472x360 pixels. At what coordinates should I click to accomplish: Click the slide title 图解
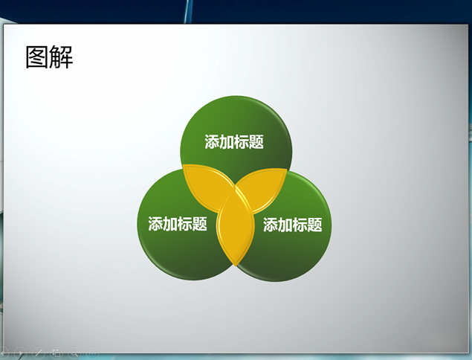tap(49, 57)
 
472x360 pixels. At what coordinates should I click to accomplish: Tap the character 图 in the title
tap(37, 57)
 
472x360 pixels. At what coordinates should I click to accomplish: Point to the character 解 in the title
tap(62, 57)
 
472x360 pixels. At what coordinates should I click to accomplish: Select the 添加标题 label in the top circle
tap(234, 141)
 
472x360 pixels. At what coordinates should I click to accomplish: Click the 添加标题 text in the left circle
tap(178, 224)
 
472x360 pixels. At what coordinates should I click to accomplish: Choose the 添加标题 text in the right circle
tap(293, 225)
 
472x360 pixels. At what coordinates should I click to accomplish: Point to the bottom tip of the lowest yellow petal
tap(236, 266)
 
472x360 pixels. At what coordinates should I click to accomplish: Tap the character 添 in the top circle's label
tap(212, 141)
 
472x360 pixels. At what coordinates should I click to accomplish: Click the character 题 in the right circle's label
tap(315, 225)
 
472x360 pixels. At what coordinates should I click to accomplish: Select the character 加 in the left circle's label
tap(170, 224)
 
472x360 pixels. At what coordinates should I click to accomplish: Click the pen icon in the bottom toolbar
tap(38, 353)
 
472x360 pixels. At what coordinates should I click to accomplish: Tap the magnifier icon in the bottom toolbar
tap(74, 353)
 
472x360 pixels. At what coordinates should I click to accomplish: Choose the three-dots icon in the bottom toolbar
tap(92, 353)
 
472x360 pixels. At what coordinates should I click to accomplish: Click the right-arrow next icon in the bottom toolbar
tap(20, 353)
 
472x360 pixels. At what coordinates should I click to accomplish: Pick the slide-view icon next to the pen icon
tap(56, 353)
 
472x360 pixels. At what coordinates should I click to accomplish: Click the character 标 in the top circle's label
tap(242, 141)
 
